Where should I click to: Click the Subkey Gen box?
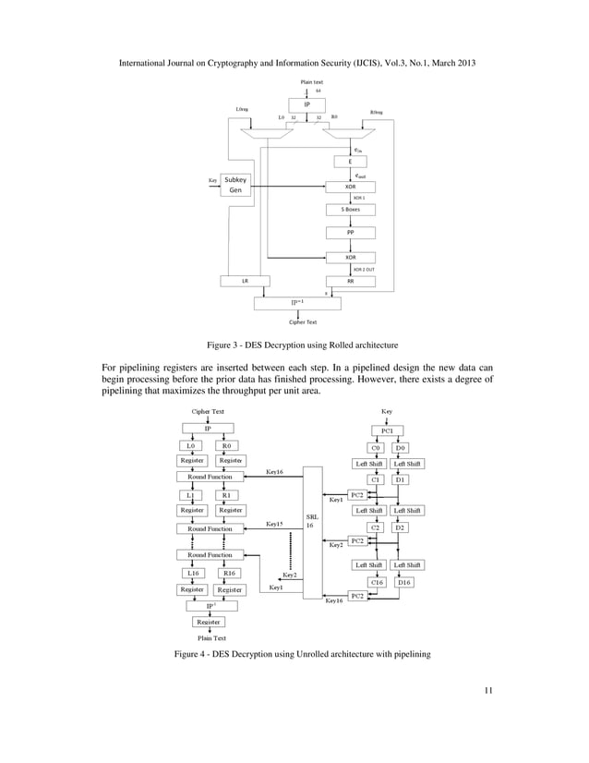(242, 185)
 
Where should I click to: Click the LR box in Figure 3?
(244, 280)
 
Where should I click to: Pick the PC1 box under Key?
(387, 430)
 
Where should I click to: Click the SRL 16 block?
(310, 524)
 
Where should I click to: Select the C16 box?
(377, 582)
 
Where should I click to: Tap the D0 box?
(403, 447)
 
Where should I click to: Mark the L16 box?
(192, 572)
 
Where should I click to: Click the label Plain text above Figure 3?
(311, 83)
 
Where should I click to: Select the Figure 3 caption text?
(294, 345)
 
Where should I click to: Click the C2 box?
(377, 527)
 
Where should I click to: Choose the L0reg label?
(242, 110)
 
